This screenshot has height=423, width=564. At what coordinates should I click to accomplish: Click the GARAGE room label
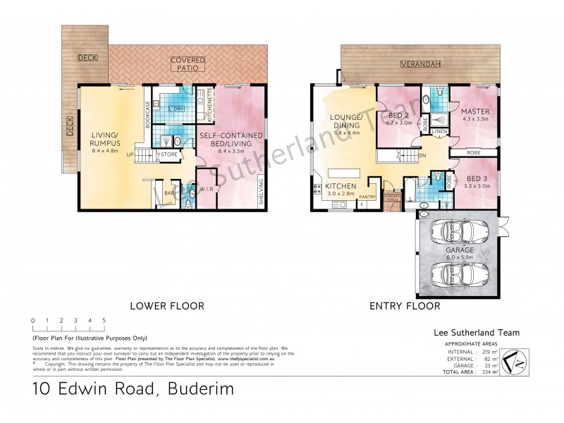pyautogui.click(x=459, y=250)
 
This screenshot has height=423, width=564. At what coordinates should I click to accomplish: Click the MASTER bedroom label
pyautogui.click(x=475, y=112)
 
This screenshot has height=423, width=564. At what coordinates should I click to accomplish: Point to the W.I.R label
pyautogui.click(x=207, y=188)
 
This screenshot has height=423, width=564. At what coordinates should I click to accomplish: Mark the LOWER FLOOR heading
pyautogui.click(x=167, y=306)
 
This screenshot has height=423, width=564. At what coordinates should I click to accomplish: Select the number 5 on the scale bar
pyautogui.click(x=104, y=321)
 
